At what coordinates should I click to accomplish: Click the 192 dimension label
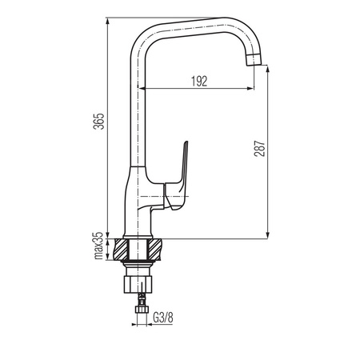tap(199, 81)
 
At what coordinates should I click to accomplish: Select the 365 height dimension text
tap(98, 122)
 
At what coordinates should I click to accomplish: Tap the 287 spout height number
tap(259, 148)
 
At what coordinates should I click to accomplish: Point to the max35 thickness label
tap(98, 246)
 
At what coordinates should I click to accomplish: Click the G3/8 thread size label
tap(163, 318)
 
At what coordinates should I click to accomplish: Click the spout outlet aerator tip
tap(254, 60)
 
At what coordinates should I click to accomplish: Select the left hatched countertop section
tap(122, 250)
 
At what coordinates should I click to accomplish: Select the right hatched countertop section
tap(154, 250)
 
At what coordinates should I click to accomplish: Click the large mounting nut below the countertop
tap(138, 285)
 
